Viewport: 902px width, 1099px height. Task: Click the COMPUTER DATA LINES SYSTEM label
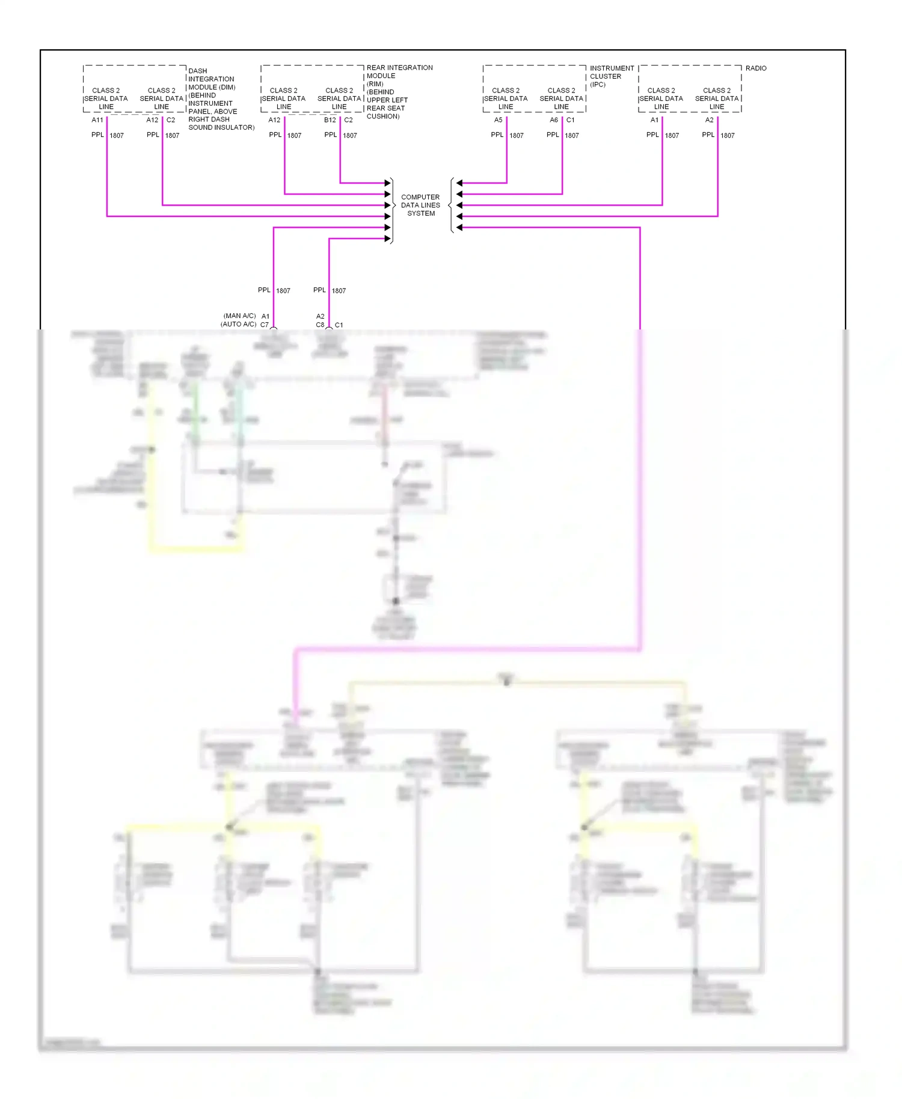pyautogui.click(x=420, y=205)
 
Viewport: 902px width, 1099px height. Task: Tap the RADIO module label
pyautogui.click(x=755, y=69)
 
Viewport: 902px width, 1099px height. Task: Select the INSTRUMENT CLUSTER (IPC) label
pyautogui.click(x=611, y=76)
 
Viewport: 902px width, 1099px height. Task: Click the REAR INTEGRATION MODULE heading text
pyautogui.click(x=399, y=72)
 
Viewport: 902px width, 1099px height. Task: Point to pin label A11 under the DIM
pyautogui.click(x=97, y=120)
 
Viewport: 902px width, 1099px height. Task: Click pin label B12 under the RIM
pyautogui.click(x=330, y=120)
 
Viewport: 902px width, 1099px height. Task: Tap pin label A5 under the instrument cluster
pyautogui.click(x=498, y=120)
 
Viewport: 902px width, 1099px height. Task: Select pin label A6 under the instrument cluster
pyautogui.click(x=553, y=120)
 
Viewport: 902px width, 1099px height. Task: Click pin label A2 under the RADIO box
pyautogui.click(x=709, y=120)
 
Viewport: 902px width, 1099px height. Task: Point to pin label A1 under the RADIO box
pyautogui.click(x=654, y=120)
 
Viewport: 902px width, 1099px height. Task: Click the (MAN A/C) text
pyautogui.click(x=239, y=316)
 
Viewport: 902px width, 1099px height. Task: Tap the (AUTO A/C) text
pyautogui.click(x=238, y=324)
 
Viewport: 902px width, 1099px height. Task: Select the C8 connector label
pyautogui.click(x=320, y=325)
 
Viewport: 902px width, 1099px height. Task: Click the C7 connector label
pyautogui.click(x=265, y=325)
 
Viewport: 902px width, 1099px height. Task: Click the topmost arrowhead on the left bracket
pyautogui.click(x=387, y=183)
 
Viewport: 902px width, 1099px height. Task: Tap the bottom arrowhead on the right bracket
pyautogui.click(x=459, y=227)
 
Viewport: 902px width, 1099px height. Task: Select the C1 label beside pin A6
pyautogui.click(x=570, y=120)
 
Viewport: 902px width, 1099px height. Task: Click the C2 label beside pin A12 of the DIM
pyautogui.click(x=171, y=120)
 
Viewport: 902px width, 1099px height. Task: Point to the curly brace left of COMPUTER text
pyautogui.click(x=394, y=205)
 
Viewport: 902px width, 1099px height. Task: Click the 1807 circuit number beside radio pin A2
pyautogui.click(x=727, y=136)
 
